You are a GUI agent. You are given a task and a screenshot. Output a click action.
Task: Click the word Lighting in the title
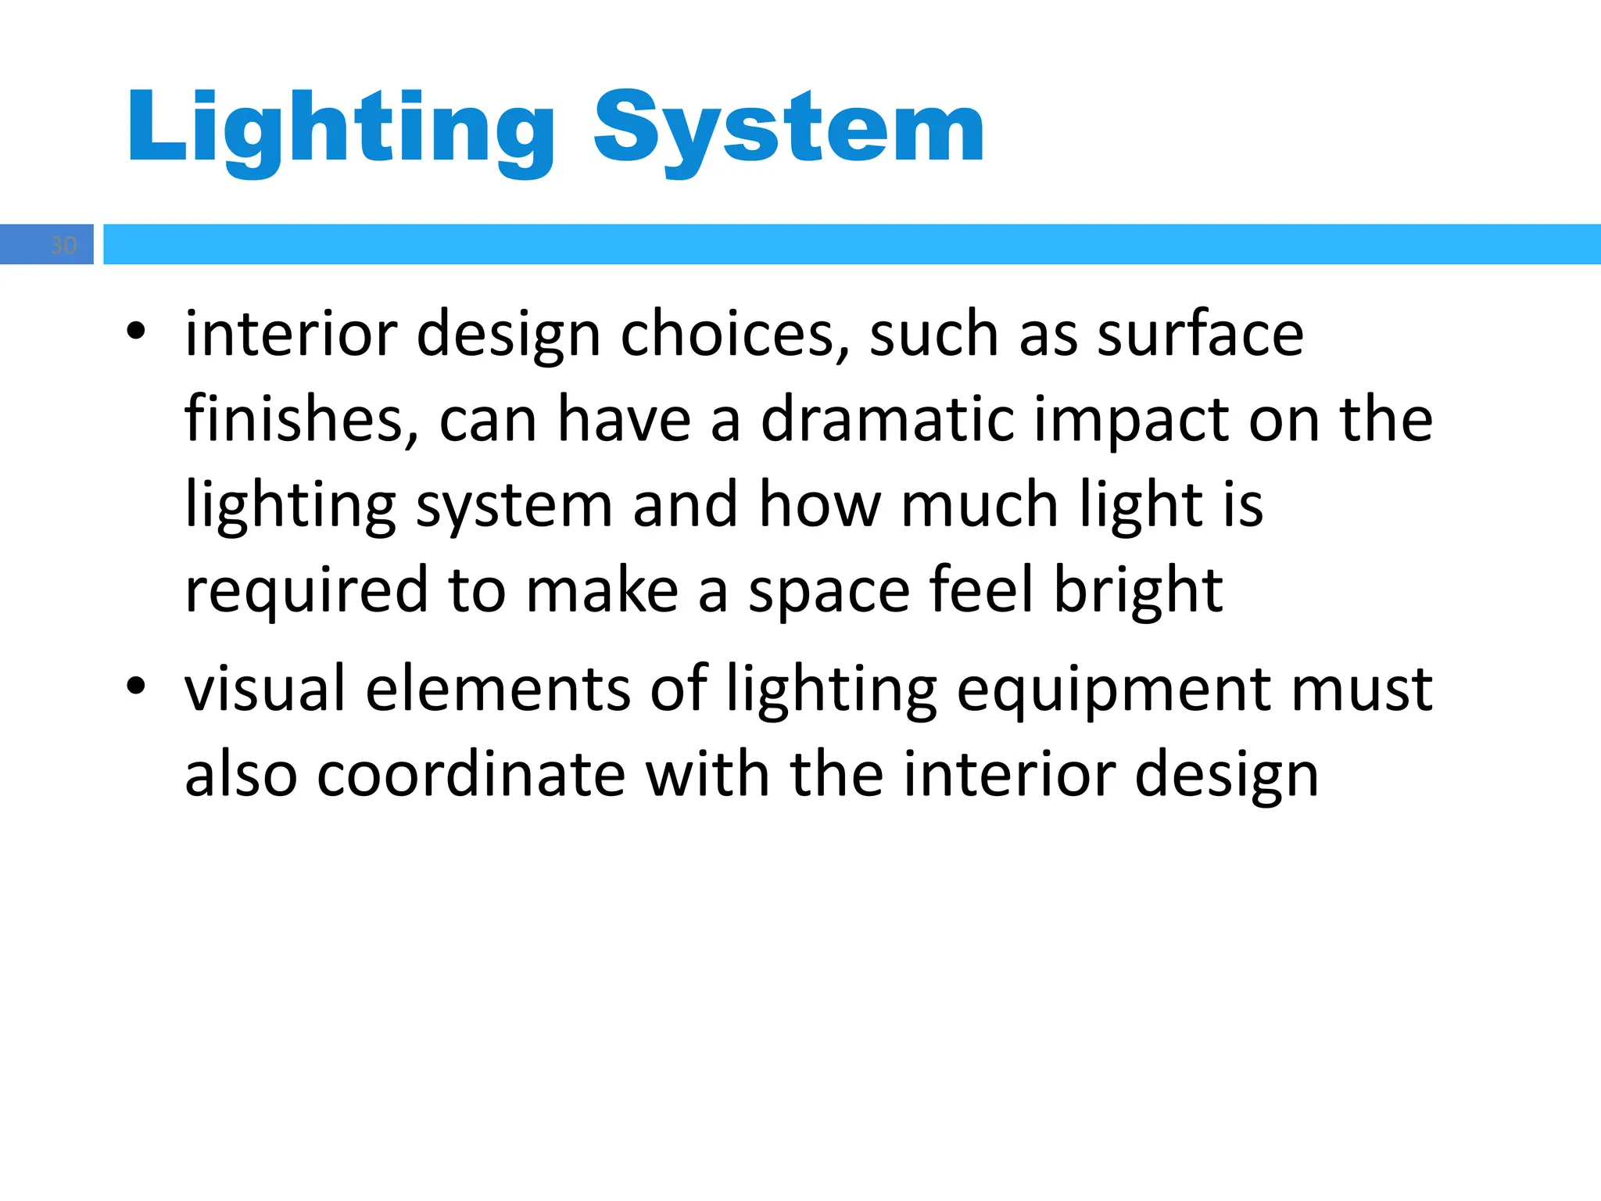click(x=341, y=128)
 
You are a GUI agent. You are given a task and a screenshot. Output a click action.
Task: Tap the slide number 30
click(x=63, y=246)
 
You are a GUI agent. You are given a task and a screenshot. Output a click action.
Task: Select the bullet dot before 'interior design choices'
click(x=136, y=332)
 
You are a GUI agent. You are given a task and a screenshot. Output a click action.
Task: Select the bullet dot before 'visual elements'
click(x=136, y=687)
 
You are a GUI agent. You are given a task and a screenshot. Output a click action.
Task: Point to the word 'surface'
click(x=1200, y=335)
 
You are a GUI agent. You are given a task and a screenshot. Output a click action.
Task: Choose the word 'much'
click(x=980, y=505)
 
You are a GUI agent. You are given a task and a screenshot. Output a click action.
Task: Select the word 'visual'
click(x=264, y=689)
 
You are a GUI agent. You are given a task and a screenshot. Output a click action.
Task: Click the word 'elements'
click(x=497, y=689)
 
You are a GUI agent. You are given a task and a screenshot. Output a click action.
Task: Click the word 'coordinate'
click(x=471, y=774)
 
